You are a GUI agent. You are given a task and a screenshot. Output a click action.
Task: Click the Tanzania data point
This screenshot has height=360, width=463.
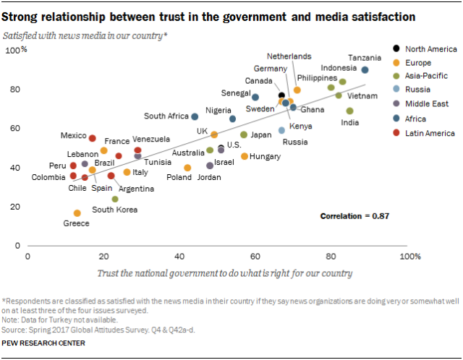click(365, 70)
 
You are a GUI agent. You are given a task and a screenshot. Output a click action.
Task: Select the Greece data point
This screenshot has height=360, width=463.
click(77, 213)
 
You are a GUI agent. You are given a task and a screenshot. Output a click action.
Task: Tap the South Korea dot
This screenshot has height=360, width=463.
click(115, 199)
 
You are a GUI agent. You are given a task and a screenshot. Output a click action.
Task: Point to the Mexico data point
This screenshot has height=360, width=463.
click(93, 137)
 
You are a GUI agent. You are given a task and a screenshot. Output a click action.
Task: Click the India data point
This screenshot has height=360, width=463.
click(349, 111)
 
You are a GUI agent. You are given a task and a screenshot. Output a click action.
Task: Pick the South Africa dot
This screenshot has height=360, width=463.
click(195, 116)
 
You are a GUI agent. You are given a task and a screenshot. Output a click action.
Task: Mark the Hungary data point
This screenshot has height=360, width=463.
click(245, 156)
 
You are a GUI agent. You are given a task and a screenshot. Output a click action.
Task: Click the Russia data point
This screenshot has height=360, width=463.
click(281, 130)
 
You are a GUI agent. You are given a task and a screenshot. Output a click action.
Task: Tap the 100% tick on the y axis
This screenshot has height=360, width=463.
click(16, 51)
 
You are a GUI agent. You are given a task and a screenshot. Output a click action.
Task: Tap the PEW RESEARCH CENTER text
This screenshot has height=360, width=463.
click(44, 342)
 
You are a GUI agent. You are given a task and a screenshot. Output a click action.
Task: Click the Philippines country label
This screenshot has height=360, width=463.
click(318, 78)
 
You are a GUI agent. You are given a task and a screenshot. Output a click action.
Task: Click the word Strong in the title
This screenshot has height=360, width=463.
click(22, 14)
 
